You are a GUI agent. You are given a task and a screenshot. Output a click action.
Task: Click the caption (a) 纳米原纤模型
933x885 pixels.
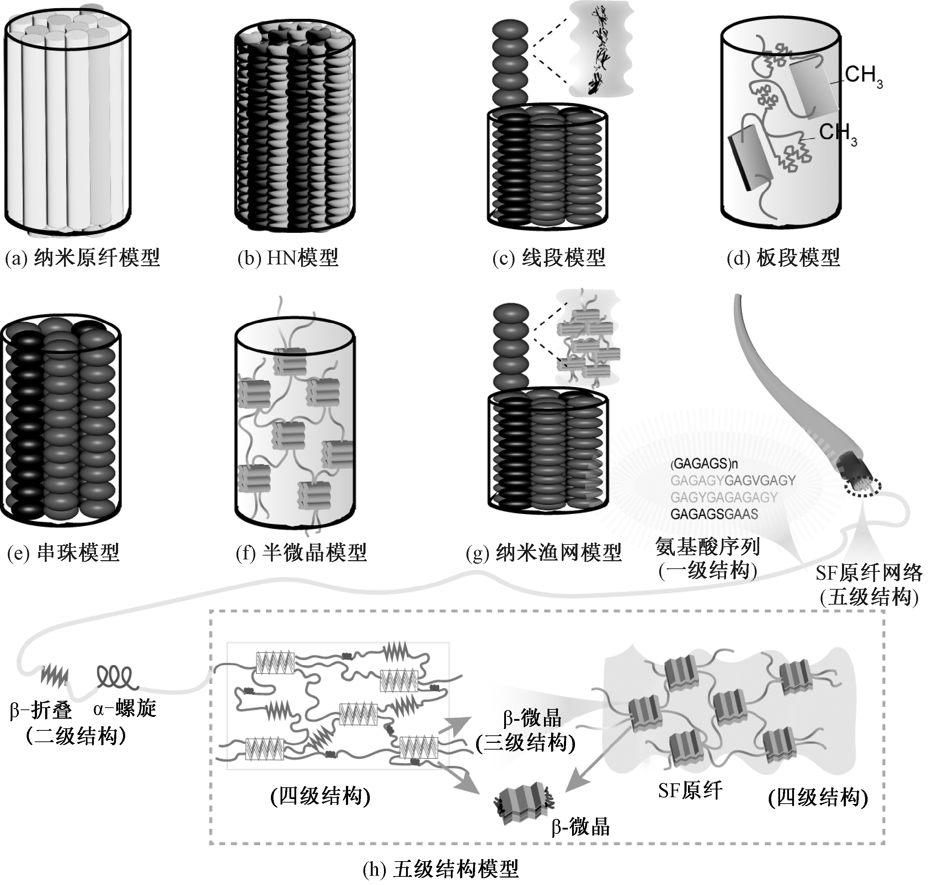pyautogui.click(x=82, y=258)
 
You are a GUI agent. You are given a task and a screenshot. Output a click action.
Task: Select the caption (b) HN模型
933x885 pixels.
pyautogui.click(x=288, y=258)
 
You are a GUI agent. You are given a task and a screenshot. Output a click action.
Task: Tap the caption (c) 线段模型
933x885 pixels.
pyautogui.click(x=548, y=258)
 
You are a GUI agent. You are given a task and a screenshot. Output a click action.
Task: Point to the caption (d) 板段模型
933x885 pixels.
pyautogui.click(x=783, y=258)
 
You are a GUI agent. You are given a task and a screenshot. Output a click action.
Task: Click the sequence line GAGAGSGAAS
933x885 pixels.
pyautogui.click(x=714, y=514)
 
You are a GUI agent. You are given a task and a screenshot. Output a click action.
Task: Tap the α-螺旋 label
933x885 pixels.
pyautogui.click(x=124, y=709)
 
